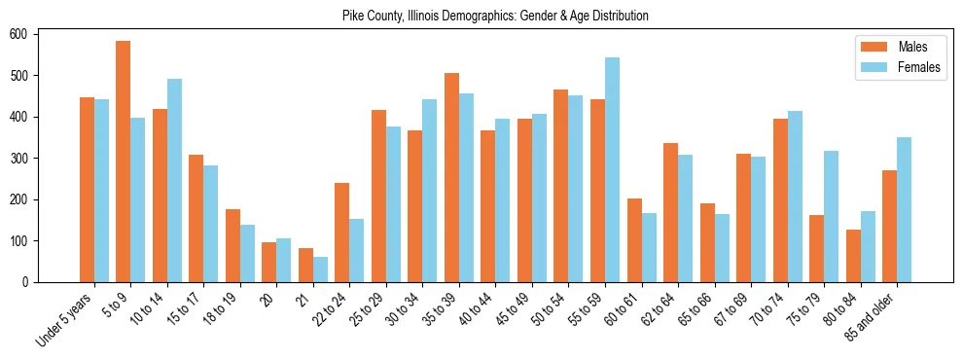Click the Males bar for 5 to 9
point(124,162)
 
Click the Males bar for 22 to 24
point(342,233)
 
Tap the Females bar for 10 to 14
point(174,180)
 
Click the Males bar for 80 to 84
point(853,256)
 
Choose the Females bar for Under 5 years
point(101,191)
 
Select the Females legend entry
point(899,67)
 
